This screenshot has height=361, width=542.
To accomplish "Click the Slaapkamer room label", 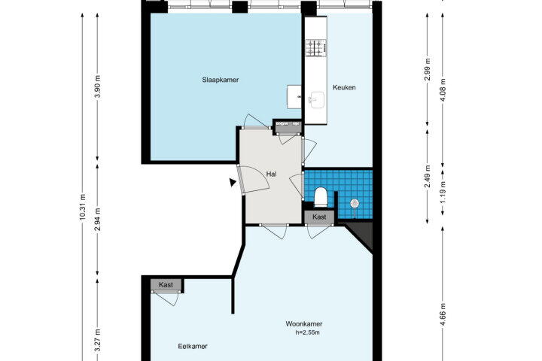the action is click(x=221, y=80).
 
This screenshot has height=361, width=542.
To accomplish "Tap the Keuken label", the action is click(x=344, y=87).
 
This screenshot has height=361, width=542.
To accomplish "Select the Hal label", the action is click(x=271, y=174).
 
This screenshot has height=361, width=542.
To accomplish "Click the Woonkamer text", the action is click(x=304, y=324).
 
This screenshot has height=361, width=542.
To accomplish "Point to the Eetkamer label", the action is click(x=193, y=346).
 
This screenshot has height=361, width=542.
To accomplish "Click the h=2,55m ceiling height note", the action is click(x=308, y=333).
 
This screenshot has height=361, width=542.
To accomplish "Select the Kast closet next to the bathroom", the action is click(x=319, y=217).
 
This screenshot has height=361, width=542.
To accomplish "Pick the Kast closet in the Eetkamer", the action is click(x=166, y=285).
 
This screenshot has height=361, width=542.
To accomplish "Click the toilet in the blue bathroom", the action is click(x=321, y=196).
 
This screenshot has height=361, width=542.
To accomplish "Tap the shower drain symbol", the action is click(x=355, y=204).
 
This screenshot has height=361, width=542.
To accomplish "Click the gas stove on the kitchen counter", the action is click(x=315, y=48).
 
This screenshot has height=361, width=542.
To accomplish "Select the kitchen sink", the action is click(x=316, y=100).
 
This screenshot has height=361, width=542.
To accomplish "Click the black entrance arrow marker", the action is click(x=233, y=182).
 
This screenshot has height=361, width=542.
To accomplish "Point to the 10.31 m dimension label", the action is click(x=83, y=208).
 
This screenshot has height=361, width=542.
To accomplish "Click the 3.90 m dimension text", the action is click(x=97, y=86).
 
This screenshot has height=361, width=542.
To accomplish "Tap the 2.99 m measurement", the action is click(x=428, y=69).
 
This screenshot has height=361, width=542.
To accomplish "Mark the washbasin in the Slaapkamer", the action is click(x=294, y=97).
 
